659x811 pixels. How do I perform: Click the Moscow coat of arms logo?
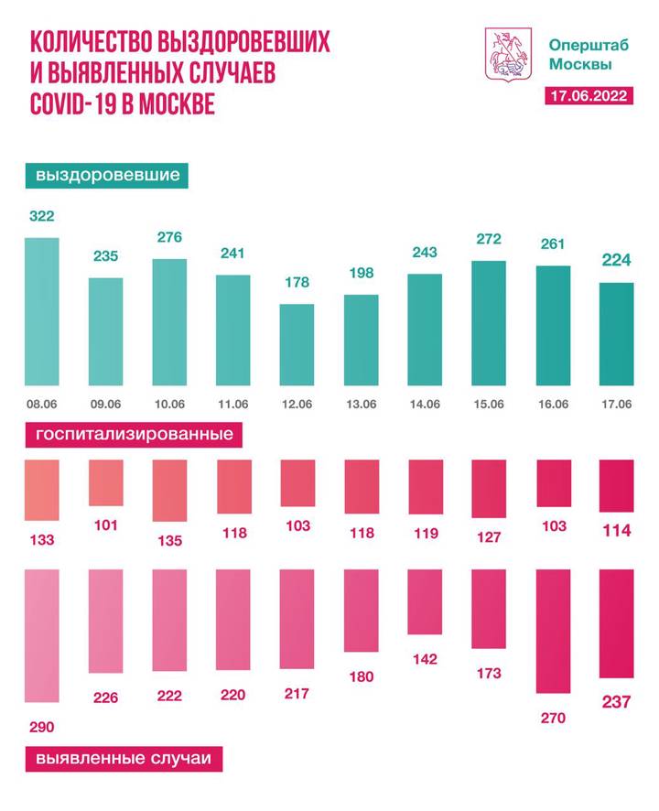[505, 54]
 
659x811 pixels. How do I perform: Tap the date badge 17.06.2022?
[587, 97]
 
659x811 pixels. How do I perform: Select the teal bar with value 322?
[41, 311]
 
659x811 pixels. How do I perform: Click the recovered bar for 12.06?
[297, 344]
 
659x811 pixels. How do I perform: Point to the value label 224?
[615, 261]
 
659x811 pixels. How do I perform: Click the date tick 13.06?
[361, 404]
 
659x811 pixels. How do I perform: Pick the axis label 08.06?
[41, 404]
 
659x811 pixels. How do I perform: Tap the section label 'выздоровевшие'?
[107, 174]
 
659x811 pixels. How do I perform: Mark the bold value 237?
[615, 701]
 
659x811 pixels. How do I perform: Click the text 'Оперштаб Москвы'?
[579, 54]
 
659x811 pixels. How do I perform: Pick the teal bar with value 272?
[489, 322]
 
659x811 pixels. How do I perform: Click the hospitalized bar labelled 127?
[489, 488]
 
